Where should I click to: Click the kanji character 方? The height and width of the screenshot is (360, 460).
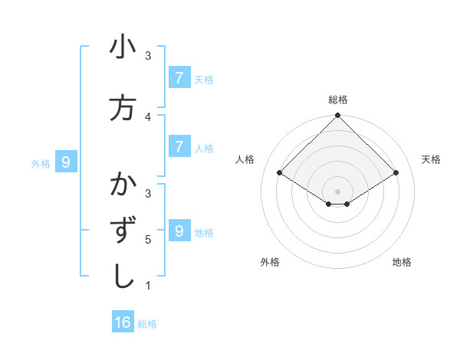coord(123,108)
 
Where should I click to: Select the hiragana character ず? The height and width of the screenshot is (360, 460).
coord(123,231)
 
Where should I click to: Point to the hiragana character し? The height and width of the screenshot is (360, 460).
coord(123,277)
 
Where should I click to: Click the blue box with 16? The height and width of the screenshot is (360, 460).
coord(123,322)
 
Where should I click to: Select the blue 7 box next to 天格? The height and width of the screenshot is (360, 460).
coord(179,77)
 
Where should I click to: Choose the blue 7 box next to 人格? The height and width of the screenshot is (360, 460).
coord(179,147)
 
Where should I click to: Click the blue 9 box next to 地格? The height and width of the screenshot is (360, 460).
coord(179,231)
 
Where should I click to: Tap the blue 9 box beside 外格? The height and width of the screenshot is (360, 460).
coord(66,162)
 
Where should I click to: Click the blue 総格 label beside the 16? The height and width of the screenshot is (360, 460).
coord(147,324)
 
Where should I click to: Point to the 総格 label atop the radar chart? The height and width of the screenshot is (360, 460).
coord(338,100)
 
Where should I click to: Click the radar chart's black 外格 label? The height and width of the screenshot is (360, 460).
coord(270,262)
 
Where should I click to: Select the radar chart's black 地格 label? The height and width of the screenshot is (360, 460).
coord(402,262)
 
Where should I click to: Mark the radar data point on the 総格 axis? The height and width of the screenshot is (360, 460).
coord(338,116)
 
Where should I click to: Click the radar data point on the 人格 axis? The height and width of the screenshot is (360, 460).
coord(279,173)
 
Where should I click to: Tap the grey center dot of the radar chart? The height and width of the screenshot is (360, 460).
coord(338,191)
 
